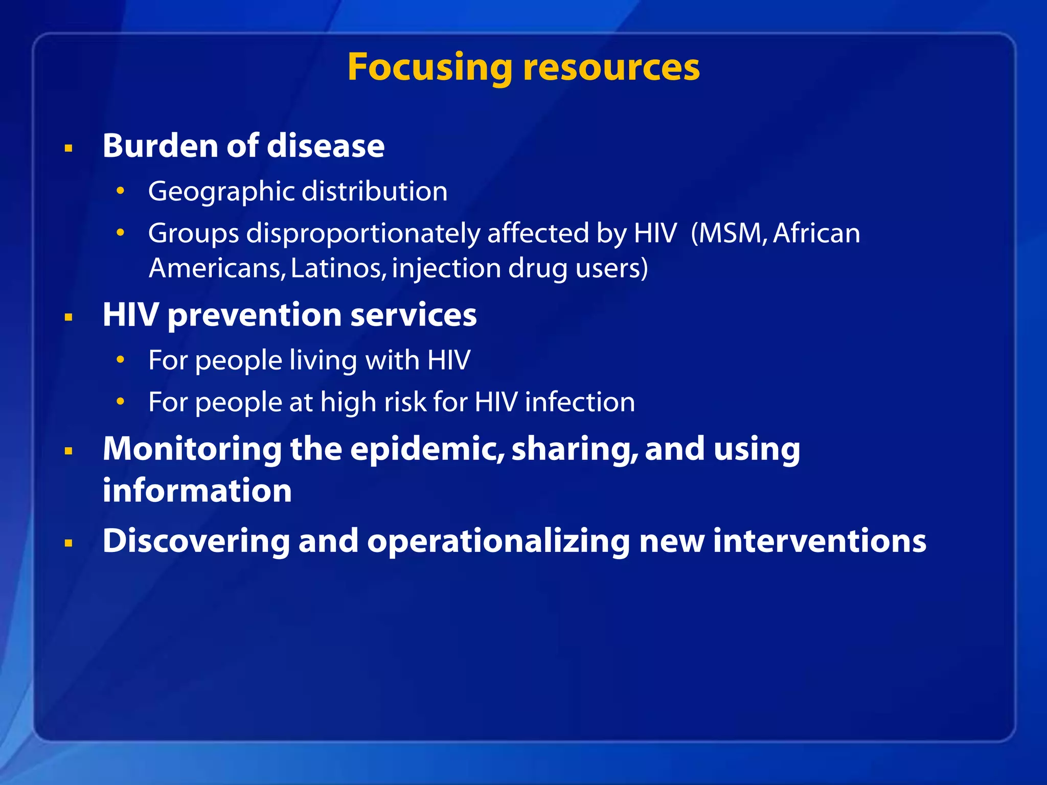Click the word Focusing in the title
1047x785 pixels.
(429, 68)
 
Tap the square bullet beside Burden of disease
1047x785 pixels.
(69, 149)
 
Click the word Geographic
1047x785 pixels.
(221, 192)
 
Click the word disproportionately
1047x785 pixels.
(362, 234)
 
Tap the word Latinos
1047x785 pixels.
(338, 268)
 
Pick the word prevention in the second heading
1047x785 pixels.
(255, 315)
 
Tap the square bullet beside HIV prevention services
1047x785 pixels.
(69, 318)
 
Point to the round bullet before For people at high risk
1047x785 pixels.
(120, 402)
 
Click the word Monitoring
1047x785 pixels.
(192, 449)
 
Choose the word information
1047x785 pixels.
(197, 491)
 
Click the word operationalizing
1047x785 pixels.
(498, 541)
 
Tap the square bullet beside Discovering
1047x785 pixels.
(69, 543)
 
